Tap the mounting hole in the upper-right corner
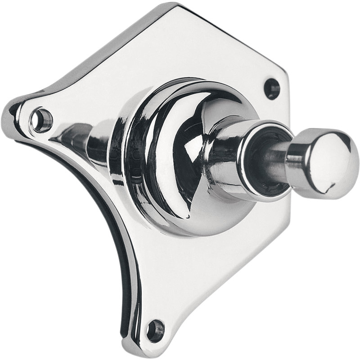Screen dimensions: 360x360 pos(272,88)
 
